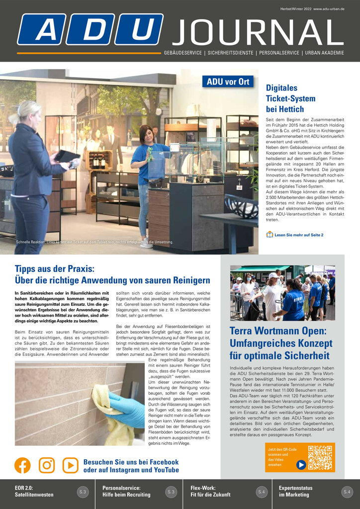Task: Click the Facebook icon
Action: [22, 465]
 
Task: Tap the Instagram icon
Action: [47, 465]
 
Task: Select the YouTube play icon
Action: [71, 465]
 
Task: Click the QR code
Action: [320, 457]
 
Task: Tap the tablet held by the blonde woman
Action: [67, 156]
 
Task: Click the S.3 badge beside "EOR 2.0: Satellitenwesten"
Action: [83, 492]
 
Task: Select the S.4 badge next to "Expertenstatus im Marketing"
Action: [347, 492]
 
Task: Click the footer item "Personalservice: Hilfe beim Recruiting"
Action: [126, 492]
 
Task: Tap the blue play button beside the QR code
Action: [301, 465]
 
